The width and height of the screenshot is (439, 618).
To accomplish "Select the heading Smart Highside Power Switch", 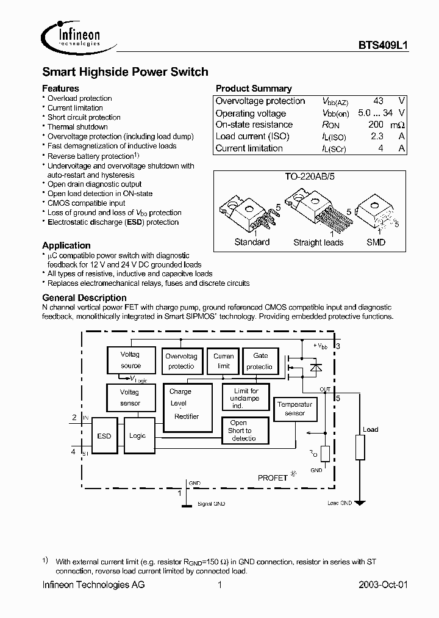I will tap(125, 72).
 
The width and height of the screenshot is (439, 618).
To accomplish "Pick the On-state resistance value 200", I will tap(375, 125).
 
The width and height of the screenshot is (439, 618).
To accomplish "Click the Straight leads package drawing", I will tap(317, 214).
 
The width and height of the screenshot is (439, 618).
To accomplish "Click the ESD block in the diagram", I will tap(104, 436).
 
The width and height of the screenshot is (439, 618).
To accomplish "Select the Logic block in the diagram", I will tap(138, 436).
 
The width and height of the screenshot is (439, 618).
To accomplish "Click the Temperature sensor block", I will tap(294, 410).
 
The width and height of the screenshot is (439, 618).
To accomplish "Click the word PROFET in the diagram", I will tap(272, 478).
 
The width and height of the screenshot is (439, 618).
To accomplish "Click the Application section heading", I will tap(66, 245).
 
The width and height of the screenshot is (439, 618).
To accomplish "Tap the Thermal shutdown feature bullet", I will tap(77, 127).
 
